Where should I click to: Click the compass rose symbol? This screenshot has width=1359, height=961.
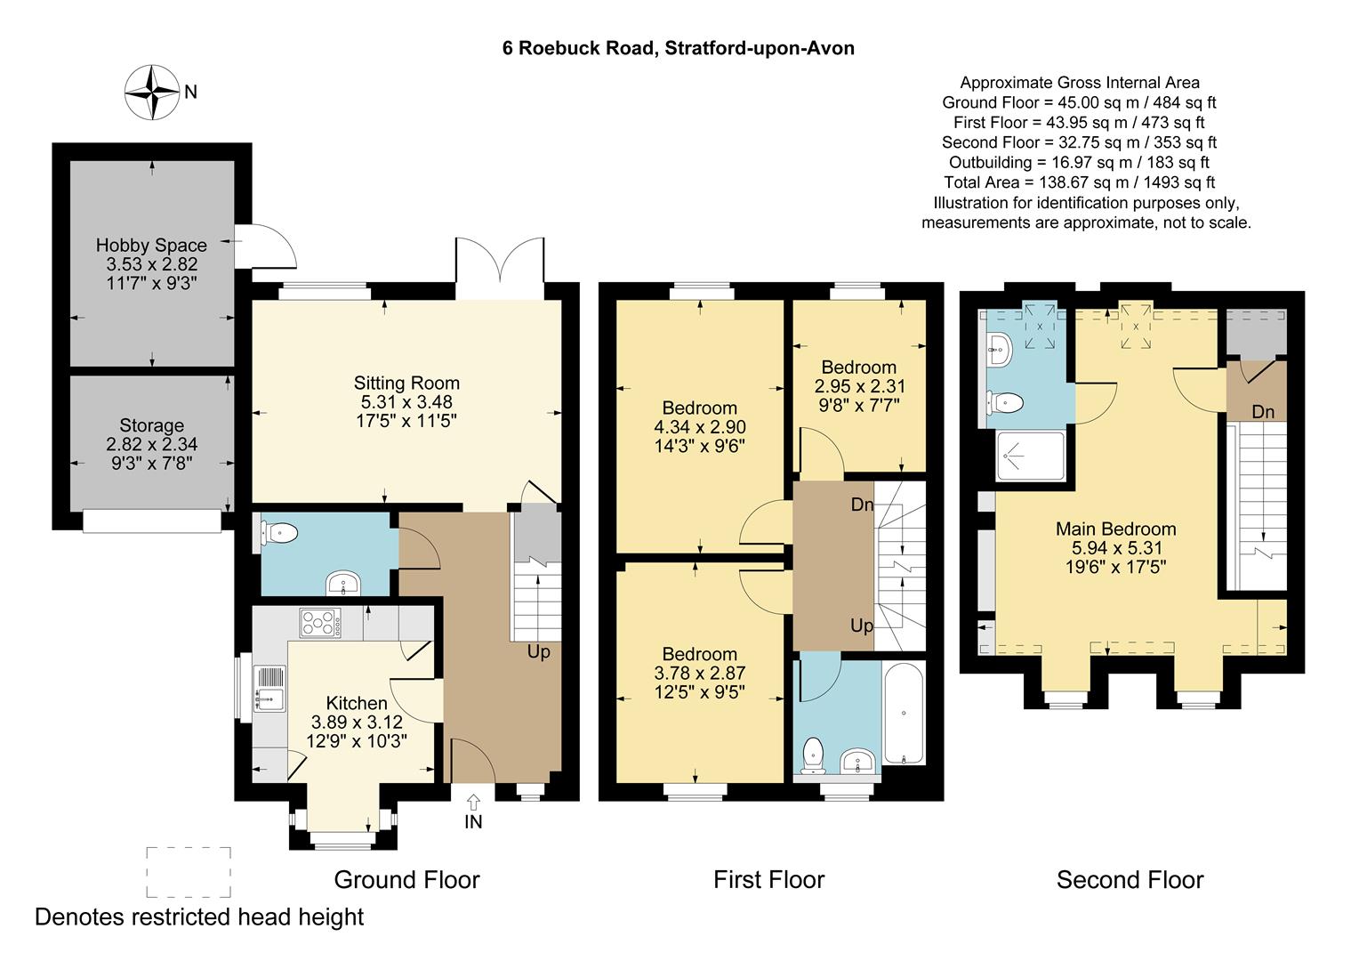[152, 93]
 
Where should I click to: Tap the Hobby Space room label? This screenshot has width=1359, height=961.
[151, 246]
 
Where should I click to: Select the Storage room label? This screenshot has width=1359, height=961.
[152, 425]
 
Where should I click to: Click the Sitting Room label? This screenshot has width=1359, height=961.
[406, 383]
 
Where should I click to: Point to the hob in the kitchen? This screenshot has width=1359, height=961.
[320, 624]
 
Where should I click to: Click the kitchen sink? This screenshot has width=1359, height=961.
[269, 689]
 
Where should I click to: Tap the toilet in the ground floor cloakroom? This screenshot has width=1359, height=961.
[279, 534]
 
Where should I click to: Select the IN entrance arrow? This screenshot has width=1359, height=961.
[473, 802]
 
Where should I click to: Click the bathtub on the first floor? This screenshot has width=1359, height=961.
[904, 714]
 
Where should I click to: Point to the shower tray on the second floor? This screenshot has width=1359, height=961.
[1030, 456]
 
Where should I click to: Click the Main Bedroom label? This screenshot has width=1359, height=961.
[1115, 529]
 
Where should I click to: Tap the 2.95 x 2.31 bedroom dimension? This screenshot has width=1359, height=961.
[859, 386]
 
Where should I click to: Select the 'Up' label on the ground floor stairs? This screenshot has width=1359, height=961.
[538, 652]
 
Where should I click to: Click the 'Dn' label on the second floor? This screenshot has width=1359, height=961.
[1263, 412]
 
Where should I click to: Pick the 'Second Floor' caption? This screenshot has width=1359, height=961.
[1130, 880]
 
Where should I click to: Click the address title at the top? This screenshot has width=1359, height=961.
[679, 48]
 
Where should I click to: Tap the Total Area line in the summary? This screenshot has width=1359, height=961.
[1080, 182]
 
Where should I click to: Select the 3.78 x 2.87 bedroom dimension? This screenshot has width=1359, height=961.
[700, 673]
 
